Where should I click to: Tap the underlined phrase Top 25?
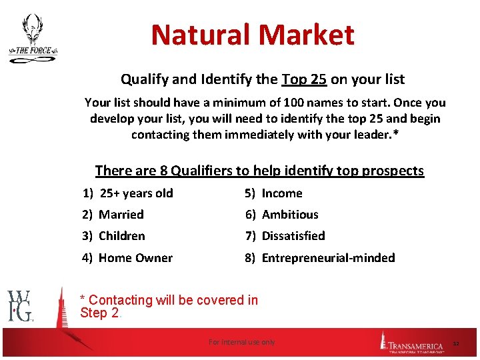click(304, 79)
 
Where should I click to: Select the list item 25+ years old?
click(136, 193)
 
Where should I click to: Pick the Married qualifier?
click(121, 215)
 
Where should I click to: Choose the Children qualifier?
click(121, 236)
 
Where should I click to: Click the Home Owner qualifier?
click(135, 258)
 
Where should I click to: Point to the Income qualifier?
click(281, 193)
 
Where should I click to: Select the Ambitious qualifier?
click(290, 215)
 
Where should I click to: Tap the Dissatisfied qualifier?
click(293, 236)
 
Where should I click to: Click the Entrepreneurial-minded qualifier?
click(328, 258)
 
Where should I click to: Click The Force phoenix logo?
click(31, 39)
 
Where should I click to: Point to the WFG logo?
click(20, 305)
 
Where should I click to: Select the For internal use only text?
click(241, 342)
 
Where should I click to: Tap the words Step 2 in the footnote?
click(99, 313)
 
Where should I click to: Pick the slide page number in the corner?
click(457, 343)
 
